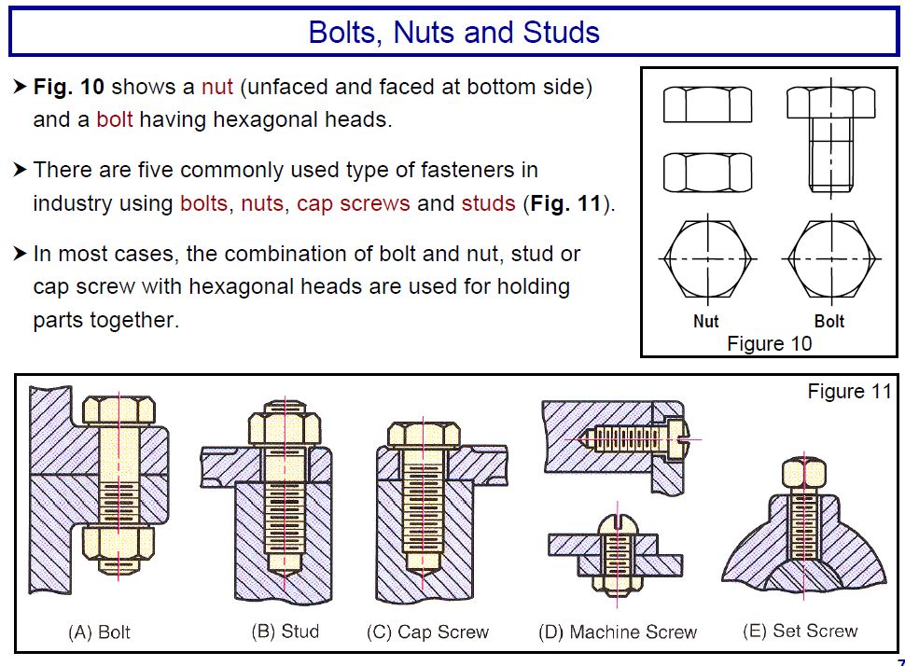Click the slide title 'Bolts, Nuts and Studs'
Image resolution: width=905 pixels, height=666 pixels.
453,33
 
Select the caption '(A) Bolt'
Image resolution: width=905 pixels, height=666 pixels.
99,632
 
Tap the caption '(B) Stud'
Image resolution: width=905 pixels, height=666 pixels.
285,631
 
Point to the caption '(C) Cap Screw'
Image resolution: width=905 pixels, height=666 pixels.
427,632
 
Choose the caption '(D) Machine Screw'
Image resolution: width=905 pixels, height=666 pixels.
618,632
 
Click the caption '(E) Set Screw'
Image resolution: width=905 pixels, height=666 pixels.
800,631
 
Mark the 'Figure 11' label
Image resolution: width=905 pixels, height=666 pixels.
849,392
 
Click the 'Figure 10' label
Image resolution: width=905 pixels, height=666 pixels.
769,343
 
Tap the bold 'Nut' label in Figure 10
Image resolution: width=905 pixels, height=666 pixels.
706,321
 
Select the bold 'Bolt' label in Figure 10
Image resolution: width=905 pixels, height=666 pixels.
828,321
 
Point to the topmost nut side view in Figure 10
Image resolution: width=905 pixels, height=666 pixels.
707,104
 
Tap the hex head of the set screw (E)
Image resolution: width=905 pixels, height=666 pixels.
800,473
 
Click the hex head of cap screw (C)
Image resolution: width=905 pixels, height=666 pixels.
424,436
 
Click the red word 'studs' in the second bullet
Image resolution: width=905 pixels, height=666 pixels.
488,203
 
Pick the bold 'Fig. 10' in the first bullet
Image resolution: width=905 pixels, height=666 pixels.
68,88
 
